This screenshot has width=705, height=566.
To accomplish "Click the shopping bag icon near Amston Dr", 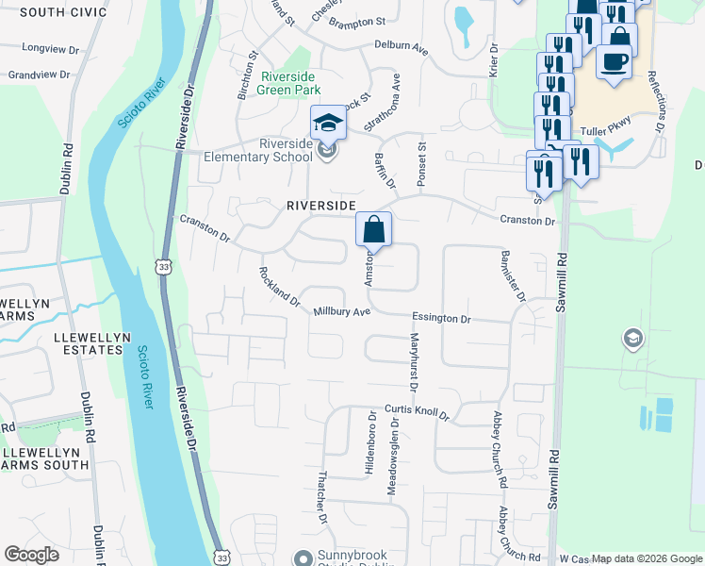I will (373, 227).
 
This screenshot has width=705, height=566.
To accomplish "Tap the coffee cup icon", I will (614, 62).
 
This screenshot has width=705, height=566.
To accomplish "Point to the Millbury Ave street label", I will (342, 311).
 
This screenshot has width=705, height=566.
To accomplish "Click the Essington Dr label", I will (440, 319).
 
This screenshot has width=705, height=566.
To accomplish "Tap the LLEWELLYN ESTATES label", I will (61, 341).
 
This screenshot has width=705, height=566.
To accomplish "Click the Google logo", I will (32, 555).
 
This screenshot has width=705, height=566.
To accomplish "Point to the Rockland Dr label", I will (279, 287).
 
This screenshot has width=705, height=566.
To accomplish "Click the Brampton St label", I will (356, 21).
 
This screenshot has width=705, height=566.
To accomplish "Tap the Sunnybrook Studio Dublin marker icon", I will (303, 558).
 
